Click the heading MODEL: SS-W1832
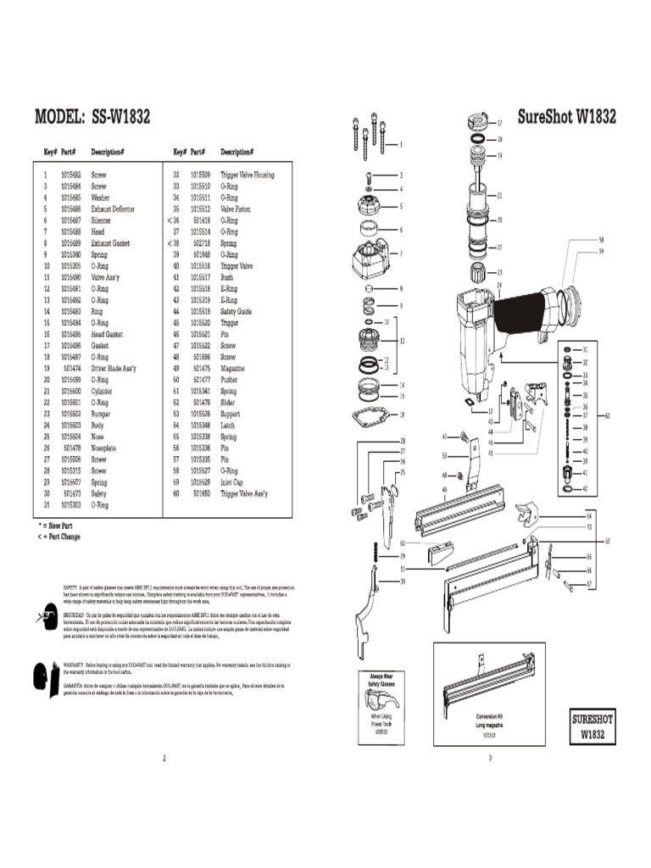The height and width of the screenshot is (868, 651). tap(92, 117)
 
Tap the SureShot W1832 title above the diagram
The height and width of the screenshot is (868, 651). tap(566, 116)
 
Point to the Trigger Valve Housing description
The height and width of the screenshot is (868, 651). tap(248, 175)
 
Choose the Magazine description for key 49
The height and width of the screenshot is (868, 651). tap(233, 369)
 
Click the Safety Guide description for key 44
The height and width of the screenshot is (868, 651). tap(236, 311)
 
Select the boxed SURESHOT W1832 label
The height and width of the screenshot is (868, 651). tap(593, 727)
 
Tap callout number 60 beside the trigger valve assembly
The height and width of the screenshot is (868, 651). tap(607, 415)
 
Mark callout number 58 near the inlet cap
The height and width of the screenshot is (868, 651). tap(601, 240)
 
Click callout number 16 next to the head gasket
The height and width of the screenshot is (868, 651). tap(402, 415)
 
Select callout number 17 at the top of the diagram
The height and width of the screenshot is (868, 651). tap(499, 123)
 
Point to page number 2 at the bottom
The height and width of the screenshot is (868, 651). tap(164, 758)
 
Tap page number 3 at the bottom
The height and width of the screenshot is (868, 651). tap(490, 758)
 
